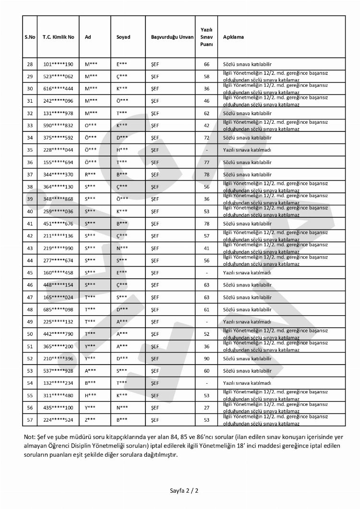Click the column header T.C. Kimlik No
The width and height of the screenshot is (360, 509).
58,37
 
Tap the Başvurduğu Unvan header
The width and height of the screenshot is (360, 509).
172,37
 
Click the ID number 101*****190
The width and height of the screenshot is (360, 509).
58,64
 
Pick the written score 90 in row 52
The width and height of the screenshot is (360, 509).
206,358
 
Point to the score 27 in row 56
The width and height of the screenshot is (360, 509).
206,408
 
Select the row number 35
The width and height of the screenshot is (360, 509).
30,150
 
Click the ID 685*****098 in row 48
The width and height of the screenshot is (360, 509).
58,309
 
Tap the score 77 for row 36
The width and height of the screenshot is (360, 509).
206,162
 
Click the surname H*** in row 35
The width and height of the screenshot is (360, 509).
122,150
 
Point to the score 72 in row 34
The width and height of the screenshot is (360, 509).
206,138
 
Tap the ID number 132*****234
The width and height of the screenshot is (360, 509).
58,383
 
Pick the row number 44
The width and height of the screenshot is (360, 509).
30,260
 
